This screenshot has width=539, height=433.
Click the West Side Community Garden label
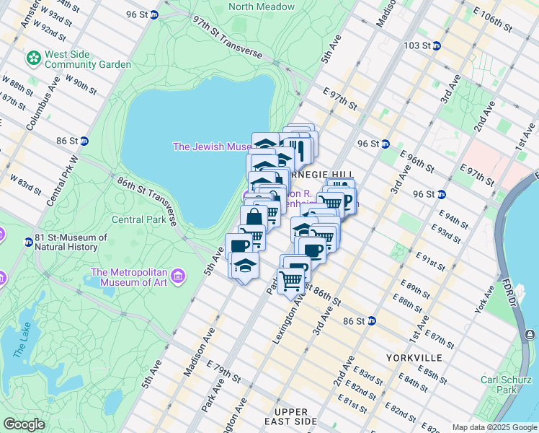coord(87,59)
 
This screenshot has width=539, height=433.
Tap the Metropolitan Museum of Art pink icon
coord(179,276)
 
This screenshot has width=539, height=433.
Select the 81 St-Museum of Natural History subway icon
coord(28,242)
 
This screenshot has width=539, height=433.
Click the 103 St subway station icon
coord(436,45)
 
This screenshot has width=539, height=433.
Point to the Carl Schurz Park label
coord(500,385)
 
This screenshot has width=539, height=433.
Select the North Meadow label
coord(262,7)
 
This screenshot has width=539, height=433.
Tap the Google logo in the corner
coord(24,424)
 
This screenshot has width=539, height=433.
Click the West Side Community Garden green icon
coord(33,56)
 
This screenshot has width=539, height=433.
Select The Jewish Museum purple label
coord(210,146)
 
